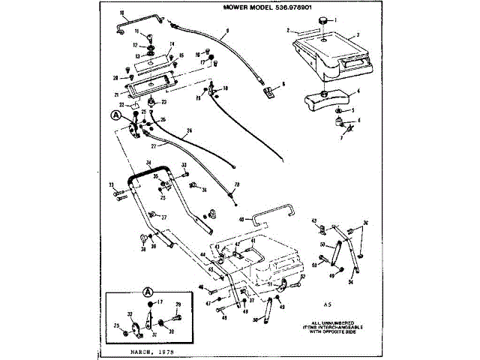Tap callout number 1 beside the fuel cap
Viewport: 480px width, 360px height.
336,19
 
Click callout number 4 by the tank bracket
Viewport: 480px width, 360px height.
358,91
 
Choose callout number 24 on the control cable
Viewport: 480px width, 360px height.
189,131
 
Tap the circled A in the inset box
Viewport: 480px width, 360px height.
148,291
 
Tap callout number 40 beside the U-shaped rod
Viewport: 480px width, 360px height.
241,220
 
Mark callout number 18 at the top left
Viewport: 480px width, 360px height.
122,13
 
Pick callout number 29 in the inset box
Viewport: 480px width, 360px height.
178,304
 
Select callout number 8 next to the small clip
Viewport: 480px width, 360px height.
284,84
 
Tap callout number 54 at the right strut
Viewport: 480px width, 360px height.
350,282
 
